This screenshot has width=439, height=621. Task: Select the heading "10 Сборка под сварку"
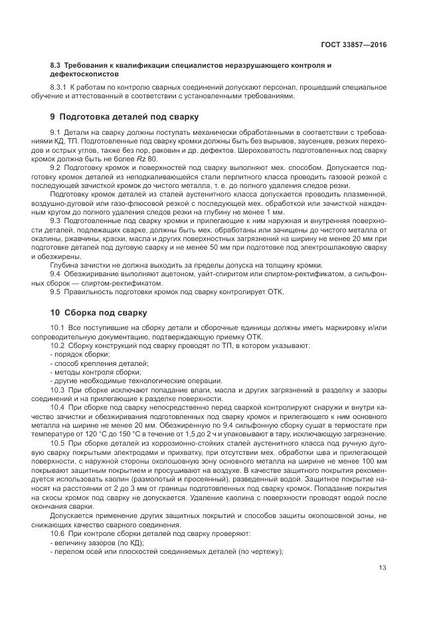pyautogui.click(x=99, y=313)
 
